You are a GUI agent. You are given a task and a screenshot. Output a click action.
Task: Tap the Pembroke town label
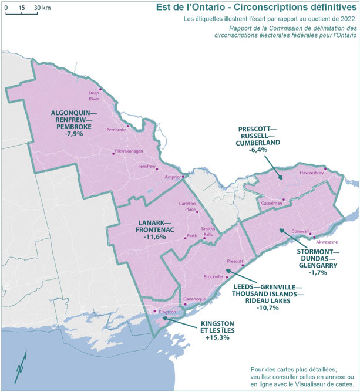pos(116,130)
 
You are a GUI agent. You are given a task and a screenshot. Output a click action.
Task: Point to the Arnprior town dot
pos(183,176)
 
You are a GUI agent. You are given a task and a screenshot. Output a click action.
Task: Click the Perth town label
pos(191,236)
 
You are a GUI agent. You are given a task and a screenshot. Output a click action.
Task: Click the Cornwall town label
pos(299,231)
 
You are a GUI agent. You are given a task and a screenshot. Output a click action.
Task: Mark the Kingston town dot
pos(154,312)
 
